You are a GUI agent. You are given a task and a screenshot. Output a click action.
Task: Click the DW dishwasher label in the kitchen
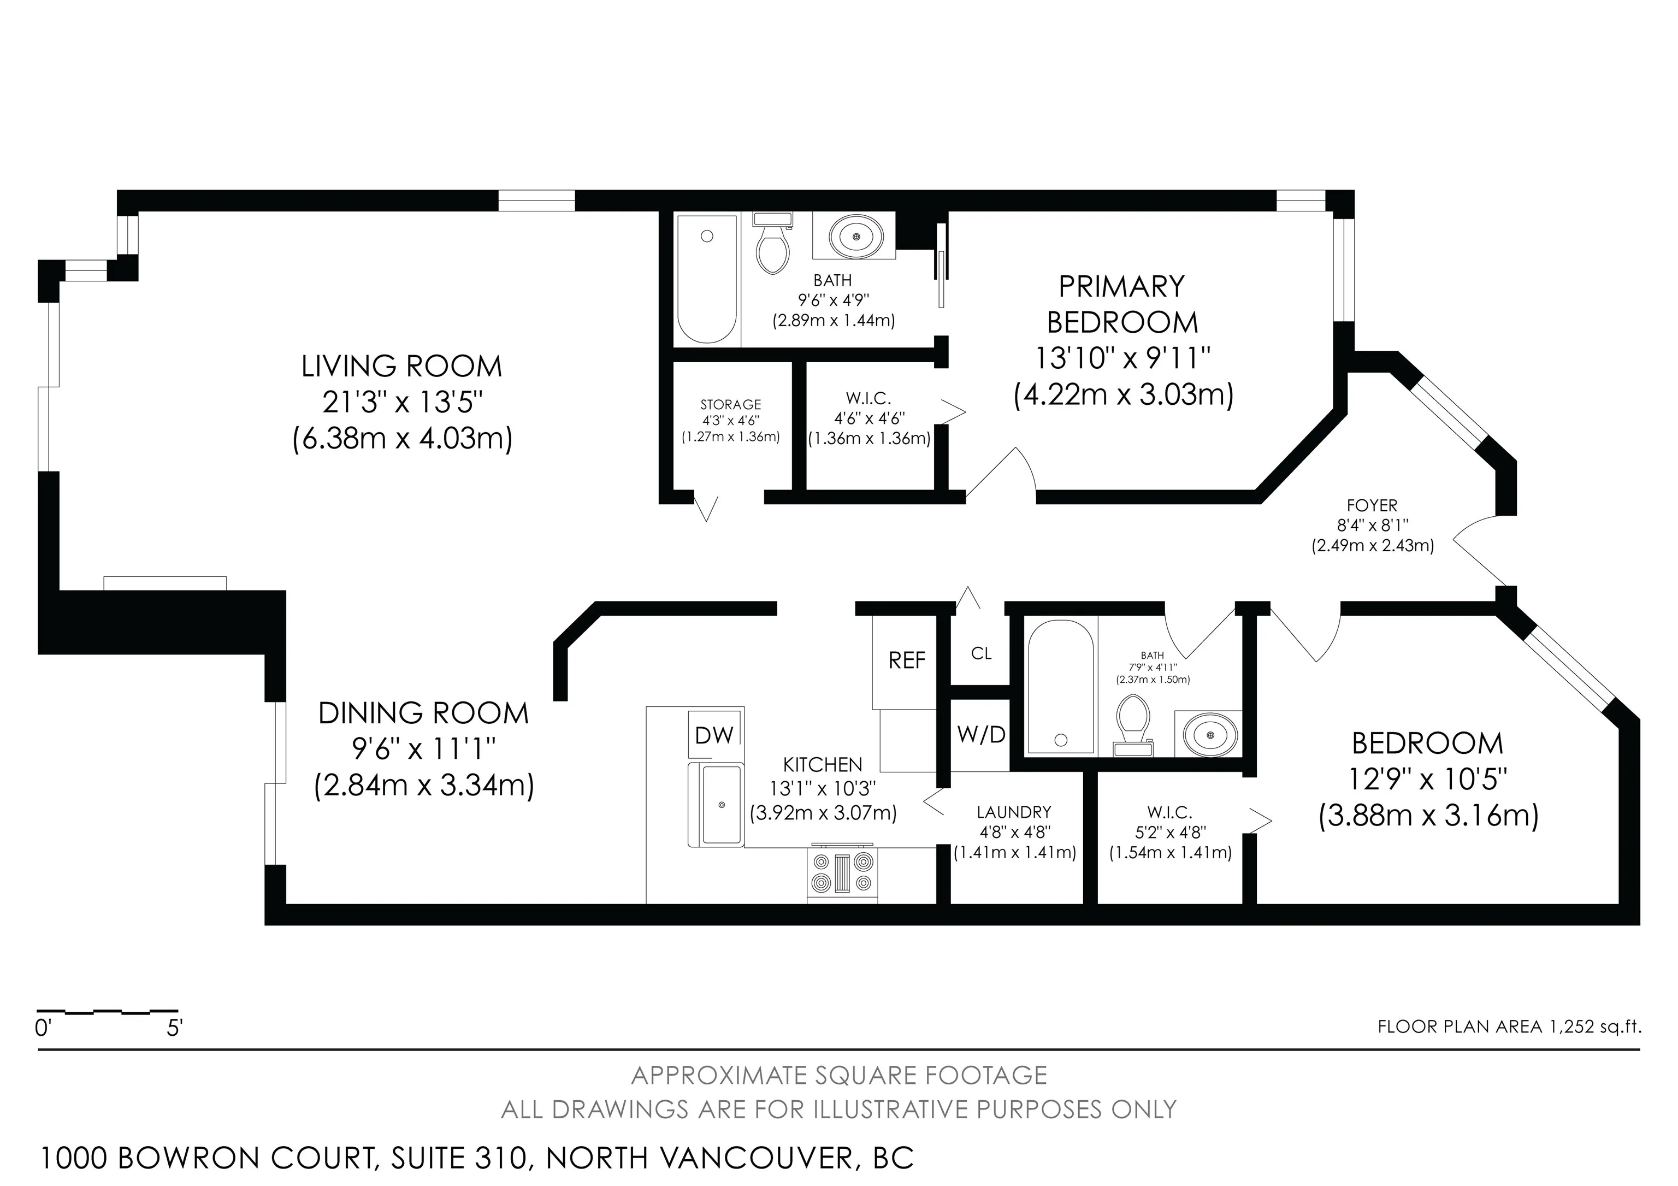click(714, 735)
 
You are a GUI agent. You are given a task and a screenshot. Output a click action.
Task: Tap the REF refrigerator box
click(906, 660)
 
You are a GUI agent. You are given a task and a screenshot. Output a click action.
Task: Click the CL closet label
click(981, 653)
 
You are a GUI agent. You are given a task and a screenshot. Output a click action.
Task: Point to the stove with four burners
click(843, 876)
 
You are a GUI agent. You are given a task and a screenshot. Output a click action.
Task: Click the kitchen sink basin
click(720, 805)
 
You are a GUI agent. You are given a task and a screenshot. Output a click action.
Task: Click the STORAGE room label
click(730, 405)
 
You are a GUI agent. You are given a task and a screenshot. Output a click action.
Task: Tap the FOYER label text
click(1372, 506)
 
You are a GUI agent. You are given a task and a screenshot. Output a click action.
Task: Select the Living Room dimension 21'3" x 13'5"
click(403, 403)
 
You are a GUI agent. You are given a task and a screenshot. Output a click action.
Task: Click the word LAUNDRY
click(1014, 812)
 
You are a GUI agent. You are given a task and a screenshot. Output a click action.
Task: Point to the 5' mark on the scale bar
click(174, 1028)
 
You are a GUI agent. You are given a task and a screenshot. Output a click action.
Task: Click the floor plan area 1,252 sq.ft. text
click(1509, 1026)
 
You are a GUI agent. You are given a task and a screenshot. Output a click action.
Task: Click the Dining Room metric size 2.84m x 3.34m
click(424, 786)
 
